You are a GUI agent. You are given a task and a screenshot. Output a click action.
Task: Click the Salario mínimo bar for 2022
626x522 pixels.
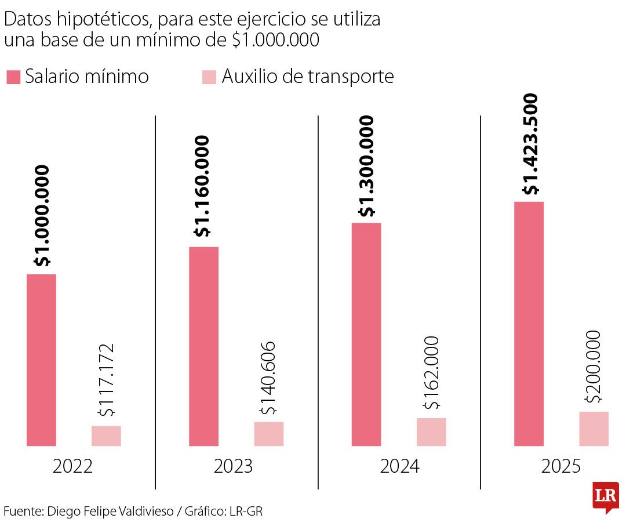point(41,360)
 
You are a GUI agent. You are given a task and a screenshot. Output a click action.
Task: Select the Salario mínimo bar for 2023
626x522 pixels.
point(204,346)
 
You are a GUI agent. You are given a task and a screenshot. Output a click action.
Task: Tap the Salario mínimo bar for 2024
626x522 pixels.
point(366,334)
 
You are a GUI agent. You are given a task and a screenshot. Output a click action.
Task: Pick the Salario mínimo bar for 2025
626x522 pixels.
point(529,324)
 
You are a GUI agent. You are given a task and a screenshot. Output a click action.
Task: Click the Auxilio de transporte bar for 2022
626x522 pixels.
point(106,436)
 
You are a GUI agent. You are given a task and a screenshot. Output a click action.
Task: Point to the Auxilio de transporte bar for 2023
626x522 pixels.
point(268,434)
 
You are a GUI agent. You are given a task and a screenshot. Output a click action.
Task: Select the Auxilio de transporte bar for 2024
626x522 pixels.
point(431,432)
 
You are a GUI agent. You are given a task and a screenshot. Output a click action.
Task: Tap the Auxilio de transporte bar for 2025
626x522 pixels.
point(594,429)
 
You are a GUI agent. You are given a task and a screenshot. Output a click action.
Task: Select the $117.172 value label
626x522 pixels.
point(107,380)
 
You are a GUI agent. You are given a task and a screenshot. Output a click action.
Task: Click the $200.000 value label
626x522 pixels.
point(594,367)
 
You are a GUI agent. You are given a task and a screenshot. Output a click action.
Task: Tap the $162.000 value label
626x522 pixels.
point(431,373)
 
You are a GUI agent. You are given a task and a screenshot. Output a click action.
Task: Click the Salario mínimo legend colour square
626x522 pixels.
point(13,77)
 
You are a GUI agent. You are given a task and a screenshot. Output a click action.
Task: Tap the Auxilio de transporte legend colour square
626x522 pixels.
point(209,77)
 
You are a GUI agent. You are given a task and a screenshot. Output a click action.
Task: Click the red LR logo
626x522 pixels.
point(605,496)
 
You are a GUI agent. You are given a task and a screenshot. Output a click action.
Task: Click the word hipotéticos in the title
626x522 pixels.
point(101,20)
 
